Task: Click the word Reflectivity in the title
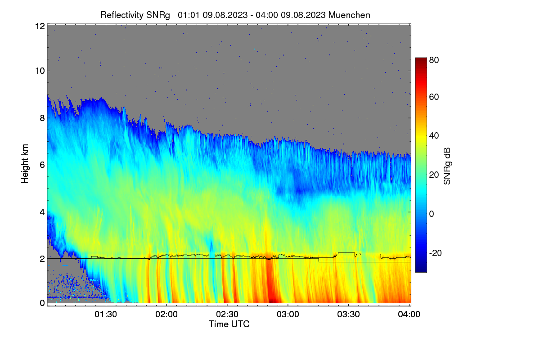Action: tap(122, 15)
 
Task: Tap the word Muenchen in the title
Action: tap(349, 15)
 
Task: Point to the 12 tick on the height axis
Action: tap(40, 26)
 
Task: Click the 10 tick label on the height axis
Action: tap(40, 71)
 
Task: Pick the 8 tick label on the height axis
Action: tap(42, 118)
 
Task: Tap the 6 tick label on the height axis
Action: tap(42, 165)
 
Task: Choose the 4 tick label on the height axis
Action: tap(42, 212)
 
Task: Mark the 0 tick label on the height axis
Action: tap(42, 303)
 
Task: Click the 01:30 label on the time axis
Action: tap(106, 314)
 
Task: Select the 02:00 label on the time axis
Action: tap(166, 314)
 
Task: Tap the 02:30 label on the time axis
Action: tap(227, 314)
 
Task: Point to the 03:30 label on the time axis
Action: tap(348, 314)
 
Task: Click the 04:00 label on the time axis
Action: tap(409, 314)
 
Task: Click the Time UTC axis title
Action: tap(229, 324)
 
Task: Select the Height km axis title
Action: tap(25, 164)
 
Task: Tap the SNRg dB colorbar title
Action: tap(447, 166)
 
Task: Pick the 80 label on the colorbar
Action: tap(434, 60)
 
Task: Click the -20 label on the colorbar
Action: tap(436, 253)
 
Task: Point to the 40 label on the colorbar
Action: tap(434, 136)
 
